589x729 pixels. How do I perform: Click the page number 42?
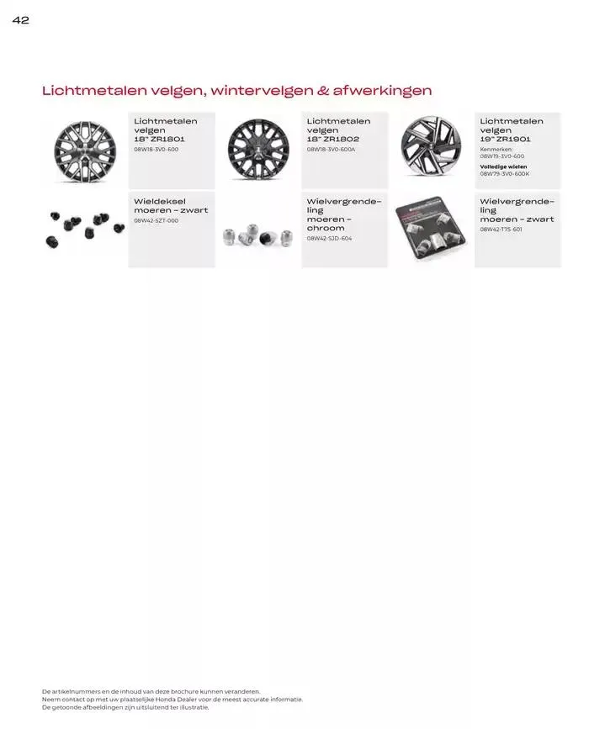click(21, 20)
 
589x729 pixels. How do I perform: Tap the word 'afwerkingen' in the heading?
click(383, 90)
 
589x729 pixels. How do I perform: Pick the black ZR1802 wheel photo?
click(257, 151)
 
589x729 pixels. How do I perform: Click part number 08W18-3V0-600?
click(157, 150)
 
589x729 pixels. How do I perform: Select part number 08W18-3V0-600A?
click(332, 150)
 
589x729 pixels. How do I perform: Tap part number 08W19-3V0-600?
click(502, 156)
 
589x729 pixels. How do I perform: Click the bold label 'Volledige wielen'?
click(503, 166)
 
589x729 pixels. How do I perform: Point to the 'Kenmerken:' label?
click(496, 150)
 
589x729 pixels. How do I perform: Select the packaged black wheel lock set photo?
click(431, 229)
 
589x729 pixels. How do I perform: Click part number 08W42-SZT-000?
click(157, 221)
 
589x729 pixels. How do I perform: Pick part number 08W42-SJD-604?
click(330, 239)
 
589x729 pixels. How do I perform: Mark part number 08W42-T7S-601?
click(501, 230)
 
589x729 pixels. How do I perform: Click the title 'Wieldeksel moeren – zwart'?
click(171, 206)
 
